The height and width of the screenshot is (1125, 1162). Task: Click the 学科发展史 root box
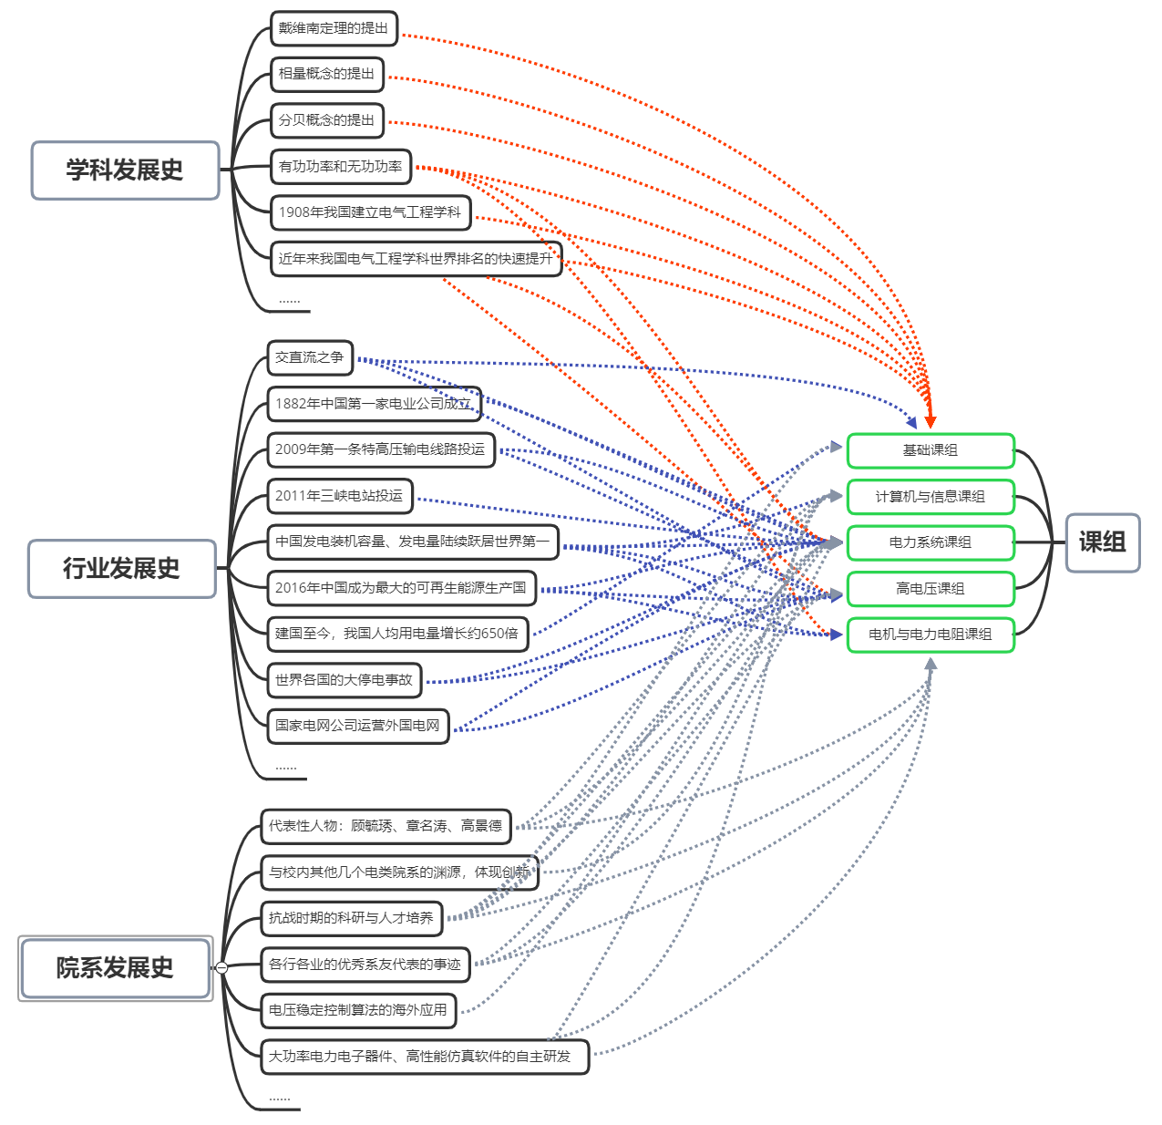[x=126, y=170]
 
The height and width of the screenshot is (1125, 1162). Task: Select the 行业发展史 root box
[x=122, y=569]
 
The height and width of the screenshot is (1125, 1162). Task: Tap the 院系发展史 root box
[x=115, y=968]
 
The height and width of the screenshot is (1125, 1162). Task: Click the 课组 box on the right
[x=1103, y=542]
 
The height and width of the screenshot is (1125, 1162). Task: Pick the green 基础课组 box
[x=931, y=450]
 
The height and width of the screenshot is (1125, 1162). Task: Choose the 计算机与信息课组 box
[x=931, y=497]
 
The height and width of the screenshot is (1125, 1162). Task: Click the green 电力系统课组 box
[x=931, y=542]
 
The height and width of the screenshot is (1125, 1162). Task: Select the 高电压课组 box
[x=931, y=589]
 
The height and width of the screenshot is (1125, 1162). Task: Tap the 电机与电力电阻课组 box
[x=931, y=635]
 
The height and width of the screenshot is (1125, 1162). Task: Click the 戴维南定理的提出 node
[x=334, y=28]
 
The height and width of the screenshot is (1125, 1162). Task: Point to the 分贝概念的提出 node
[x=327, y=120]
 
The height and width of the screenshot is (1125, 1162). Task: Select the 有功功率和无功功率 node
[x=341, y=167]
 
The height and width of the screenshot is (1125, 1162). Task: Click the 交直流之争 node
[x=310, y=357]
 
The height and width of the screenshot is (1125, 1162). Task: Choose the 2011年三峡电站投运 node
[x=339, y=496]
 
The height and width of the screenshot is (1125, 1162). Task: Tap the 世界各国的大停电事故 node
[x=344, y=680]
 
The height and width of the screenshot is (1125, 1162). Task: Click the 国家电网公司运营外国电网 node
[x=357, y=726]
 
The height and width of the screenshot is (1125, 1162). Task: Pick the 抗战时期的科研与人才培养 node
[x=351, y=918]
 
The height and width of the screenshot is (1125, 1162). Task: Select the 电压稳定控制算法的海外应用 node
[x=358, y=1010]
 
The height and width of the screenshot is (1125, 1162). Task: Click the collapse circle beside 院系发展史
[x=221, y=968]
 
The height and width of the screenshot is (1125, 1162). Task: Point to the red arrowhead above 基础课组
[x=930, y=421]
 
